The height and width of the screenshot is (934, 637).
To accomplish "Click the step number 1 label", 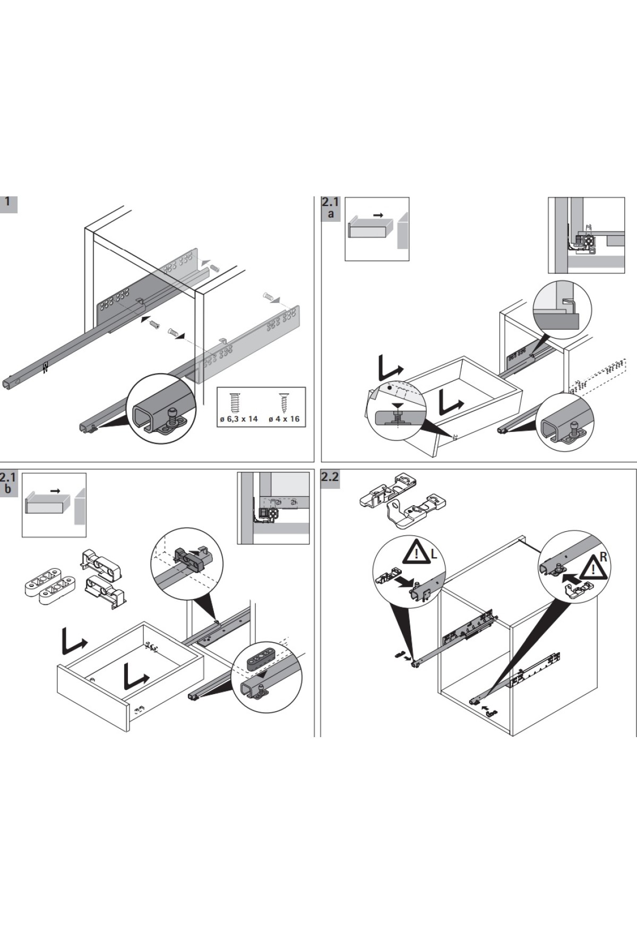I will click(7, 202).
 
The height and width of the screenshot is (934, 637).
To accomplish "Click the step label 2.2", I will click(330, 477).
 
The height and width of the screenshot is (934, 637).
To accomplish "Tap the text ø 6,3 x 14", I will click(238, 419).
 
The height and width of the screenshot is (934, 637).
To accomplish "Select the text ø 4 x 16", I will click(283, 419).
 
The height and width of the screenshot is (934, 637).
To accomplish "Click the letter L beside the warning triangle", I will click(434, 555).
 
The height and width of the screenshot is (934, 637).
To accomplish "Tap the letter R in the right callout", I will click(602, 557).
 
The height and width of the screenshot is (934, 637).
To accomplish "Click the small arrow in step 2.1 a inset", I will click(378, 215).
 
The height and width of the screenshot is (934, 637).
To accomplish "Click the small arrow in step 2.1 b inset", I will click(55, 491).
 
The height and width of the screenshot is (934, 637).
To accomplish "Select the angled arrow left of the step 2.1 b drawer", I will click(73, 641).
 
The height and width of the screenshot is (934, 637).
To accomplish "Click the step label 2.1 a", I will click(330, 207).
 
